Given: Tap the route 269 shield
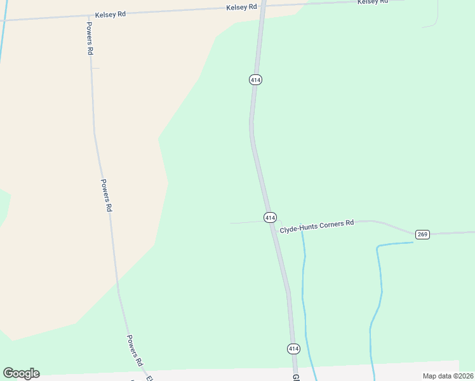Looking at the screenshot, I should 423,234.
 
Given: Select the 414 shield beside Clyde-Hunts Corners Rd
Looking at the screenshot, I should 270,217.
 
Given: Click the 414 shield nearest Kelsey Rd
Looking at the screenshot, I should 255,79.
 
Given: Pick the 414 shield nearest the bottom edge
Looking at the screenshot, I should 293,349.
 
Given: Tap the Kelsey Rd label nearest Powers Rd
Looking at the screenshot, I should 110,13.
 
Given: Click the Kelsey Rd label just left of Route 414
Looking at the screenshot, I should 241,7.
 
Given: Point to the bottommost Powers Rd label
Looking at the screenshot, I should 134,350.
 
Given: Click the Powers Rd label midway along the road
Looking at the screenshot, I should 107,195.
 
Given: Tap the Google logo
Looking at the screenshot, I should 22,373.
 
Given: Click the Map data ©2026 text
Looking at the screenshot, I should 447,376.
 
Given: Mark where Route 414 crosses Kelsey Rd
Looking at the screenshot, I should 262,6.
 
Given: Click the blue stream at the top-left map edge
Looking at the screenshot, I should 2,38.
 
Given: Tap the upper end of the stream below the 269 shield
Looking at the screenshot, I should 411,242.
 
